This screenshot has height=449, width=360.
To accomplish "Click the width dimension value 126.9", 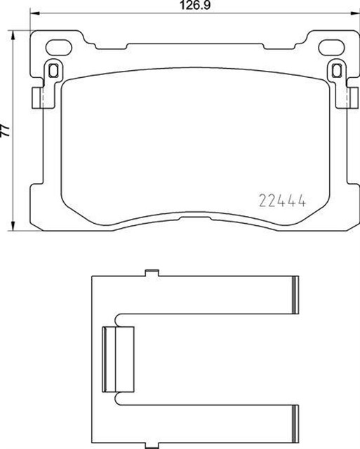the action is [x=195, y=5].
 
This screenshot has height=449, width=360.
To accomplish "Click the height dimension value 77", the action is [x=6, y=130].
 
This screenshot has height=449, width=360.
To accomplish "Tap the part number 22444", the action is [x=283, y=201].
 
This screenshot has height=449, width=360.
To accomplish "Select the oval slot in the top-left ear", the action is [x=58, y=47].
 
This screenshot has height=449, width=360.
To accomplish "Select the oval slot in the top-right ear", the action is [x=331, y=47].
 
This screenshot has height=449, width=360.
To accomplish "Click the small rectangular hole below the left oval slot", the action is [x=53, y=70].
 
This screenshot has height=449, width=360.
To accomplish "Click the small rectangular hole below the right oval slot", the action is [x=337, y=70].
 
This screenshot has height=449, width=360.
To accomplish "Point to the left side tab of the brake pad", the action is [x=37, y=98].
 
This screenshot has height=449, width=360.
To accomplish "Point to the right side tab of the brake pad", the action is [x=352, y=98].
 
